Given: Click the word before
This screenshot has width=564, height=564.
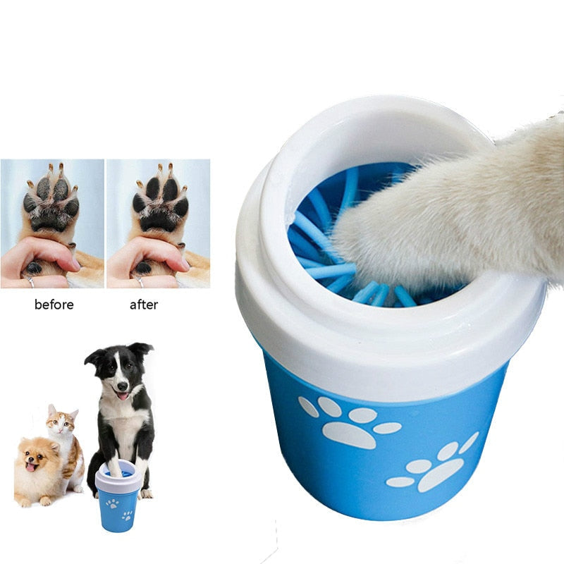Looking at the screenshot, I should coord(54,305).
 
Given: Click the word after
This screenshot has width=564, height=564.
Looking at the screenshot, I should coord(144,305).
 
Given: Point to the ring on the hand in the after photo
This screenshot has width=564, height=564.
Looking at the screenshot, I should coord(137,281).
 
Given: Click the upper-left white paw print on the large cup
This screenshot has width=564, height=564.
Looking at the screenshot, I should coord(349,423).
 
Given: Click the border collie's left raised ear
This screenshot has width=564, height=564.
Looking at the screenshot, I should coord(94,357).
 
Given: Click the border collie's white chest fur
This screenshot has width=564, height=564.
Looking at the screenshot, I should coord(123,430).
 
